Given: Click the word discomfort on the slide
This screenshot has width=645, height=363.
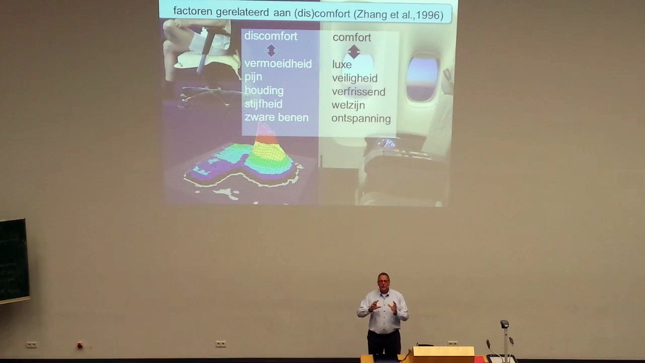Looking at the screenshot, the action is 271,36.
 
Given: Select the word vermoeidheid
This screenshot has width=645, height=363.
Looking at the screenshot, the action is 278,64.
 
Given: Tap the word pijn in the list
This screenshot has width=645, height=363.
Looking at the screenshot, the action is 253,78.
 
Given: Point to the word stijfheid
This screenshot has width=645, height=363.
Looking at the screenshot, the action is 264,104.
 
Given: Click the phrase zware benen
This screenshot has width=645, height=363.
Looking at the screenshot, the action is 277,117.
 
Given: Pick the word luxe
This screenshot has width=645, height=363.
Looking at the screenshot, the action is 342,65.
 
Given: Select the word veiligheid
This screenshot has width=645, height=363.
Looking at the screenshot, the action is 354,78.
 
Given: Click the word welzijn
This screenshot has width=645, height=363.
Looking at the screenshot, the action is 348,105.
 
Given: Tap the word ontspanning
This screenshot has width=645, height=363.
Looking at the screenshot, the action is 361,118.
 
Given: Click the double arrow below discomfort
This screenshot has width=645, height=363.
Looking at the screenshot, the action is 271,50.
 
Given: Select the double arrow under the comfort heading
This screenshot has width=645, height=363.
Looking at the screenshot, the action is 354,51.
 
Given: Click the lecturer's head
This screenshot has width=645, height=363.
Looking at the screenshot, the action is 383,281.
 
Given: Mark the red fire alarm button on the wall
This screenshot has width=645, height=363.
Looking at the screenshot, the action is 80,345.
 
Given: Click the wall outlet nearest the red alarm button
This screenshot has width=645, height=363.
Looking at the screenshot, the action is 32,345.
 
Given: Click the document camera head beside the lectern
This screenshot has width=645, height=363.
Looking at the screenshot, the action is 504,324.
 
